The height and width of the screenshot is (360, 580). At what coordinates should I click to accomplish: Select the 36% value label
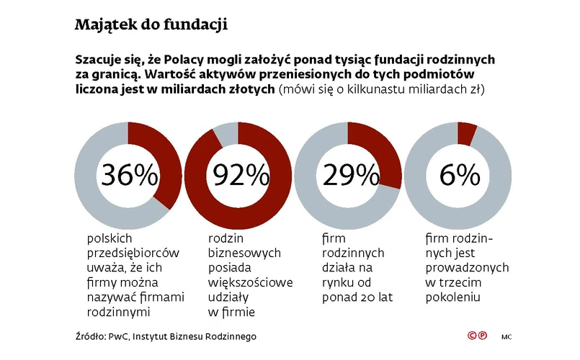[130, 176]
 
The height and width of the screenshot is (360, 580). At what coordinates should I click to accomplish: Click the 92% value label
[239, 176]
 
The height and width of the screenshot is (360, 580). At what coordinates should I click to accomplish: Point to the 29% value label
[350, 176]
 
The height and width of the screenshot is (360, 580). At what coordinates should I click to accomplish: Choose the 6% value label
[458, 176]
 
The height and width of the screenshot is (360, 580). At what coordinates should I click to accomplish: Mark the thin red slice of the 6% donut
[466, 132]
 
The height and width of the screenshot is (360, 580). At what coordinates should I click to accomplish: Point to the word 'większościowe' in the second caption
[250, 282]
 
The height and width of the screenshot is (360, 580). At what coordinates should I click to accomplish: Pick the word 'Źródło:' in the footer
[90, 336]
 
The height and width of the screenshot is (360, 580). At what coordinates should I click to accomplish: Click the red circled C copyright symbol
[472, 336]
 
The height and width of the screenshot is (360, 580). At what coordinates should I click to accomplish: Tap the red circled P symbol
[482, 336]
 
